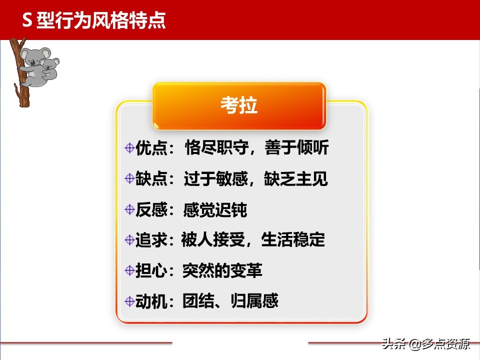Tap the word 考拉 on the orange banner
[239, 106]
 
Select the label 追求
[150, 240]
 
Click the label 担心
[150, 270]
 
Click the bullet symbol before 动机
[129, 301]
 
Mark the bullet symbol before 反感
[129, 210]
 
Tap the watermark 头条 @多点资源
[426, 344]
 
